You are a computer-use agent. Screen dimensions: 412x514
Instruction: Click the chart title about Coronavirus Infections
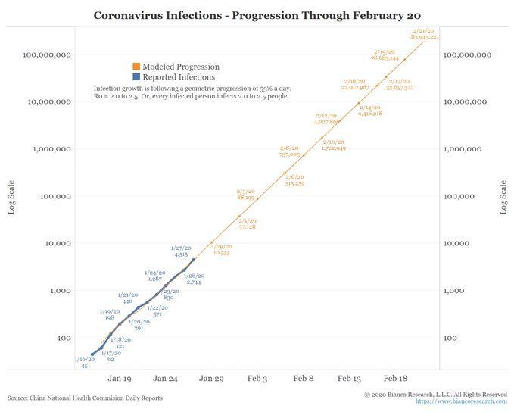[x=258, y=15]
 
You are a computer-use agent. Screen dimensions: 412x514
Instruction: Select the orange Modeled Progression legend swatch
[x=136, y=67]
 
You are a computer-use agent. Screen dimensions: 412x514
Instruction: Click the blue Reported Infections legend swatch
[x=136, y=76]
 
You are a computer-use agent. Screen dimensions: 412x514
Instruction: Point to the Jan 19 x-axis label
[x=120, y=377]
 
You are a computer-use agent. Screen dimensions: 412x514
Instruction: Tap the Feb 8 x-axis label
[x=304, y=377]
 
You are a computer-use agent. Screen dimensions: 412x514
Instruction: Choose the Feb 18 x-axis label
[x=396, y=377]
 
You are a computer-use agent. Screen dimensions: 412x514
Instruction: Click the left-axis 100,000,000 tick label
[x=47, y=55]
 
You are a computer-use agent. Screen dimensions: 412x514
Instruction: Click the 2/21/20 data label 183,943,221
[x=426, y=33]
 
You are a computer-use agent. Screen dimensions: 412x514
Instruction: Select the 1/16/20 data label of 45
[x=85, y=362]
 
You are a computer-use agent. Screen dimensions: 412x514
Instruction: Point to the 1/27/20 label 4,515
[x=182, y=251]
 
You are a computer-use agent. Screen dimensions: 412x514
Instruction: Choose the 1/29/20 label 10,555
[x=221, y=250]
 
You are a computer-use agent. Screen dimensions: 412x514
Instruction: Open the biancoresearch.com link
[x=461, y=401]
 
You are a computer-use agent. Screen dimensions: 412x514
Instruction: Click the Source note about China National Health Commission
[x=85, y=398]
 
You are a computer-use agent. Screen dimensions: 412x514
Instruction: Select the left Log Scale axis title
[x=11, y=197]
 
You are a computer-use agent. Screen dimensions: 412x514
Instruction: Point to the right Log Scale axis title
[x=503, y=197]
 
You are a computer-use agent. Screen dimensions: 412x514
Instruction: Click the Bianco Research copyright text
[x=435, y=394]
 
